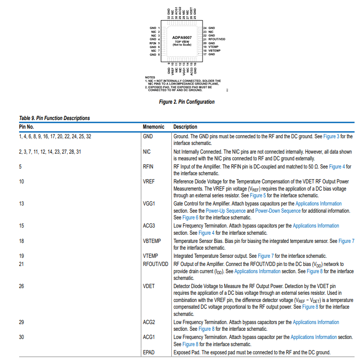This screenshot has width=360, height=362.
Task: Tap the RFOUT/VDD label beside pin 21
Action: click(214, 39)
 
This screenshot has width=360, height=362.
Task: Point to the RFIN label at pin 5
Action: click(155, 43)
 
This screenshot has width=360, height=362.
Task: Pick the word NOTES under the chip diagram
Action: click(150, 77)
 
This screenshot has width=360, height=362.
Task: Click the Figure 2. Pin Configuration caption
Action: click(187, 102)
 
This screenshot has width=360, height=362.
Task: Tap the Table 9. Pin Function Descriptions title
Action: click(54, 118)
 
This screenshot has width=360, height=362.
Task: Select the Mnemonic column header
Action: click(154, 127)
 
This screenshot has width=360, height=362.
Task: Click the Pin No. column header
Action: click(26, 127)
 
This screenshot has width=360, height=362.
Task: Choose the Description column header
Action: click(185, 127)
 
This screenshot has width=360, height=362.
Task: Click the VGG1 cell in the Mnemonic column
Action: click(149, 204)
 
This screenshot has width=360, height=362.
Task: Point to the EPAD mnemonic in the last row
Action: click(149, 352)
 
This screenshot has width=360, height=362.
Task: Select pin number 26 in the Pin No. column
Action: click(22, 286)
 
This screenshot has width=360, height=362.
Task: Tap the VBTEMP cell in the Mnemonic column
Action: click(152, 241)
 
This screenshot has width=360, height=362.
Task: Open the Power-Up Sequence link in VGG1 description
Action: click(225, 211)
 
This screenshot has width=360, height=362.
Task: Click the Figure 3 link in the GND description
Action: click(330, 136)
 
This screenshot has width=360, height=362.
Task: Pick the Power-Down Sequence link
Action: click(278, 211)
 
